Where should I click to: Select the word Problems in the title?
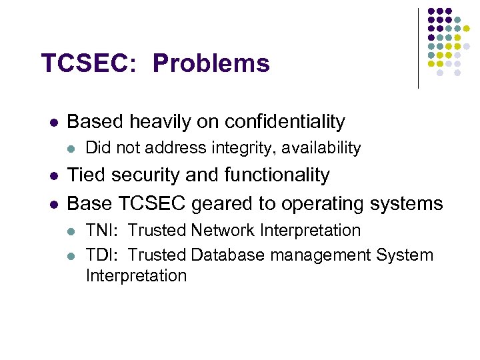pyautogui.click(x=211, y=63)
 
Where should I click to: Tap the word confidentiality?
pyautogui.click(x=285, y=121)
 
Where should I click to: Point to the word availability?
pyautogui.click(x=325, y=148)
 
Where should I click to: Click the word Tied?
pyautogui.click(x=86, y=175)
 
